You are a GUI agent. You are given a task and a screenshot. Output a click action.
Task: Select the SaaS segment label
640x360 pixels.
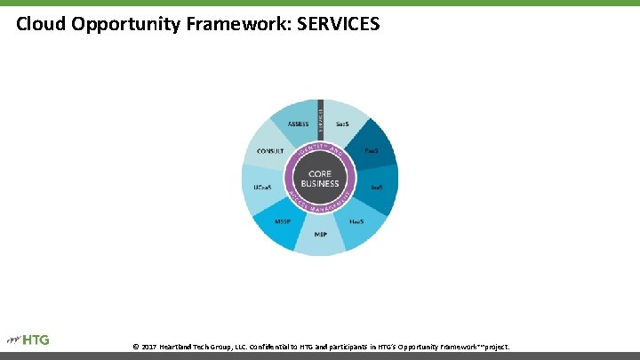pyautogui.click(x=341, y=125)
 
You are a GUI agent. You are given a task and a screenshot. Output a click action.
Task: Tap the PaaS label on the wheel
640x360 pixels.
pyautogui.click(x=372, y=151)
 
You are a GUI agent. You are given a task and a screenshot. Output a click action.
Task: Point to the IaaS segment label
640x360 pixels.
pyautogui.click(x=377, y=188)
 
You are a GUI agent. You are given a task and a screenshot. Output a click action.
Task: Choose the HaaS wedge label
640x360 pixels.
pyautogui.click(x=356, y=221)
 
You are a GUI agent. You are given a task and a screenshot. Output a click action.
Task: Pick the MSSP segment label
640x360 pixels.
pyautogui.click(x=283, y=221)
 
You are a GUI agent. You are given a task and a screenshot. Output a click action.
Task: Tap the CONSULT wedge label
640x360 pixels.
pyautogui.click(x=269, y=151)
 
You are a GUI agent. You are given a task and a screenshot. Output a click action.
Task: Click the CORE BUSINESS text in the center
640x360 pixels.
pyautogui.click(x=320, y=179)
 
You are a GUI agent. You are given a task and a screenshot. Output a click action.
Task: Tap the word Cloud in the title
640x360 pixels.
pyautogui.click(x=41, y=24)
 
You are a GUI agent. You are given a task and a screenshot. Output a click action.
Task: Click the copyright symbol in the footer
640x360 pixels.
pyautogui.click(x=135, y=346)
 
